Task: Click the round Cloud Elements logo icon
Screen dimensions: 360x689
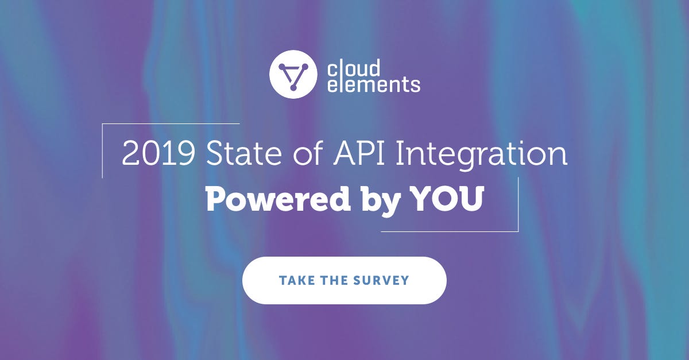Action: click(293, 75)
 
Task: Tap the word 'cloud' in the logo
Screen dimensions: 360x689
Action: click(353, 68)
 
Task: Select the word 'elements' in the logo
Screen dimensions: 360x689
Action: click(373, 85)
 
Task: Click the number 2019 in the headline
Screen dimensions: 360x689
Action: click(158, 155)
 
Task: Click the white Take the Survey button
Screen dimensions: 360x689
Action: click(344, 280)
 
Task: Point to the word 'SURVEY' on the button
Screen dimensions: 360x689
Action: click(383, 281)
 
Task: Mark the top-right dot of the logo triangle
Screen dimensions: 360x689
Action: click(305, 68)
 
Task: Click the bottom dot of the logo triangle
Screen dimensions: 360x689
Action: click(293, 88)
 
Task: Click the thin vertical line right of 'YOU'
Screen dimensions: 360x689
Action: click(518, 204)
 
